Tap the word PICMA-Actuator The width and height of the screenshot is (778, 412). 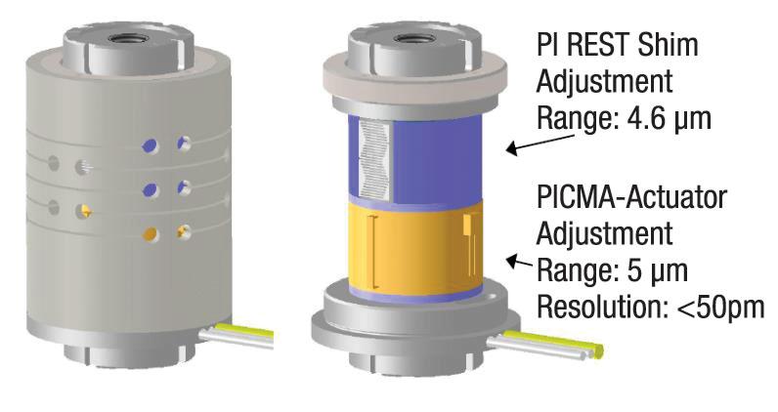632,197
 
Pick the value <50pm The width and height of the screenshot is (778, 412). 714,308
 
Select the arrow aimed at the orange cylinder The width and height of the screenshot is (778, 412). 523,262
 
